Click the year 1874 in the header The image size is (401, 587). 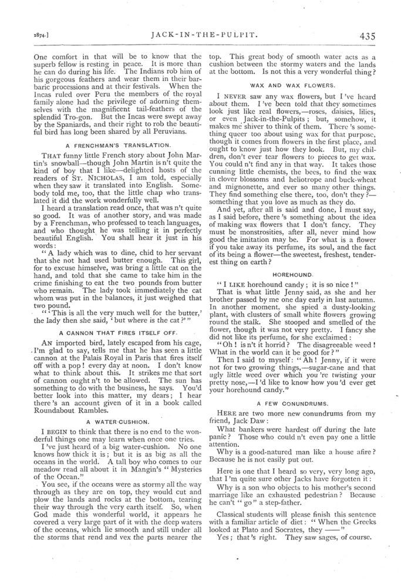pyautogui.click(x=23, y=35)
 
